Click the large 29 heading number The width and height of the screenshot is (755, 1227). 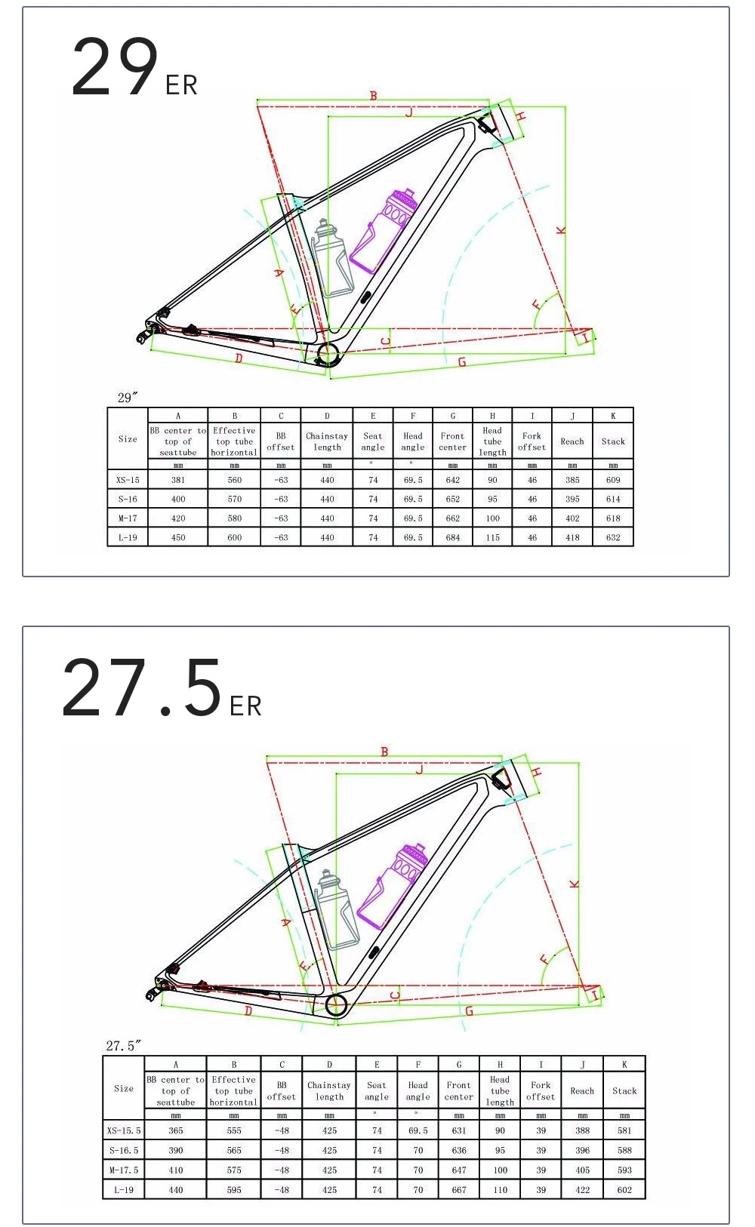pyautogui.click(x=115, y=67)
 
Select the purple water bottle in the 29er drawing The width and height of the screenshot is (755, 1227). pyautogui.click(x=384, y=231)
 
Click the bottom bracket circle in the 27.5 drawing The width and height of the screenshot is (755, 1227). pyautogui.click(x=337, y=1005)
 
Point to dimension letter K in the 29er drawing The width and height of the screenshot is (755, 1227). pyautogui.click(x=560, y=231)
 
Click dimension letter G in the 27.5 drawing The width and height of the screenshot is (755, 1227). pyautogui.click(x=469, y=1011)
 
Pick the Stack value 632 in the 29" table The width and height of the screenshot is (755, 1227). pyautogui.click(x=613, y=537)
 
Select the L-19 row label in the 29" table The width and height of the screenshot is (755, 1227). pyautogui.click(x=128, y=537)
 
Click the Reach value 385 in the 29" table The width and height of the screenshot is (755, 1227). pyautogui.click(x=572, y=480)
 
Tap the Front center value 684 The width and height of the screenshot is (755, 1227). pyautogui.click(x=452, y=537)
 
